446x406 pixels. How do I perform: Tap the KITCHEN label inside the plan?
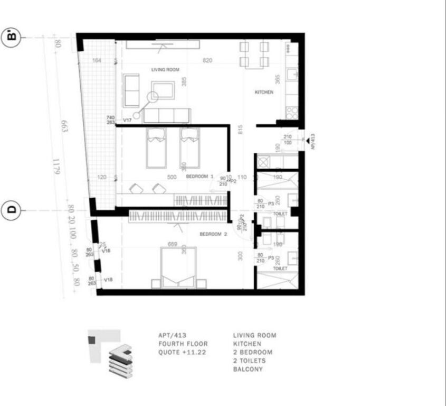pos(264,93)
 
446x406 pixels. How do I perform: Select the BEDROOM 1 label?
pos(200,177)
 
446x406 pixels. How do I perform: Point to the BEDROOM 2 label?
pos(213,234)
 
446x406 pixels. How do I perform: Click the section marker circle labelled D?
pos(12,209)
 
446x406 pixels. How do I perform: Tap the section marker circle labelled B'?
pos(12,37)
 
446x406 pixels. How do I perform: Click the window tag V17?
pos(127,121)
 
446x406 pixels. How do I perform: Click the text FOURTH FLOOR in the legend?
pos(183,344)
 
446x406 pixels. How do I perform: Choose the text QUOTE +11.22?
pos(182,352)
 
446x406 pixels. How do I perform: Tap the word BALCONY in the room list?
pos(248,369)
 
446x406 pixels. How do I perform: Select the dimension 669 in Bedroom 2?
pos(173,245)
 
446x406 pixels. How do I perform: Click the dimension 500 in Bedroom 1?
pos(172,178)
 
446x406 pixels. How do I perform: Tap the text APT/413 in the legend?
pos(171,335)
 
